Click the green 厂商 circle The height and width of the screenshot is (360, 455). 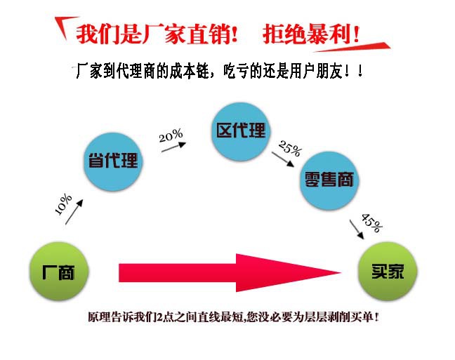(59, 272)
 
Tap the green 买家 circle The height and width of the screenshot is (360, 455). (388, 272)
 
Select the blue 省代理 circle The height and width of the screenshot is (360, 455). (113, 161)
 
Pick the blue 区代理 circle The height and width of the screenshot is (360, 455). (241, 131)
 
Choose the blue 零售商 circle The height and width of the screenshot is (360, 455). (329, 180)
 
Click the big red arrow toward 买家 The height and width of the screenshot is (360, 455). (230, 273)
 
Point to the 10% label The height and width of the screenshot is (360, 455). (63, 204)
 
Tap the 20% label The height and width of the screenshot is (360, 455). (171, 135)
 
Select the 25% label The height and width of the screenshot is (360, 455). (289, 149)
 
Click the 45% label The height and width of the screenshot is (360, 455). (371, 222)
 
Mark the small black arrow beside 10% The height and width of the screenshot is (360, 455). (74, 212)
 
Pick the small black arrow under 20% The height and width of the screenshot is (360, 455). (173, 147)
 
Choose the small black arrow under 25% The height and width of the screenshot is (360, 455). (283, 159)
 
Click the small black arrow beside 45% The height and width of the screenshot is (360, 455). (357, 229)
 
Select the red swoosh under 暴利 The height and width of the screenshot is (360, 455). (352, 47)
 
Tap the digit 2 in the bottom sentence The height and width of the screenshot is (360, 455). (159, 317)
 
